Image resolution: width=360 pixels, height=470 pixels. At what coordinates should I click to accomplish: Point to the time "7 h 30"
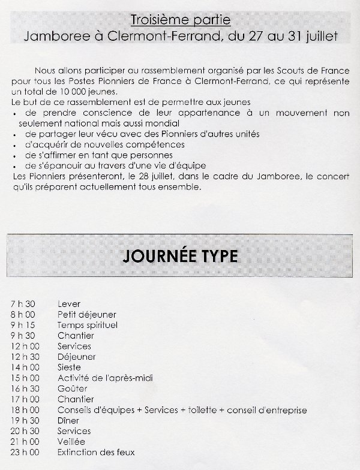(x=22, y=304)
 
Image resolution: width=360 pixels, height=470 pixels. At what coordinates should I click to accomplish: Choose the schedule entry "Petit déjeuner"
(x=87, y=314)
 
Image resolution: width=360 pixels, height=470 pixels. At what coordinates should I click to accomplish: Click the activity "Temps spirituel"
(x=88, y=325)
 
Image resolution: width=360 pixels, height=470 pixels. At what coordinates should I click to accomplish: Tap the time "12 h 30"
(x=24, y=357)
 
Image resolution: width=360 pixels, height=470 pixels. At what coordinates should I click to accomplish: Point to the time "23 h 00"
(x=24, y=452)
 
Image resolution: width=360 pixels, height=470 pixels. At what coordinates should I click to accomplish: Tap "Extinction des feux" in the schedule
(x=96, y=452)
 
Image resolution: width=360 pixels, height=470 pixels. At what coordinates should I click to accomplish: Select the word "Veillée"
(x=71, y=441)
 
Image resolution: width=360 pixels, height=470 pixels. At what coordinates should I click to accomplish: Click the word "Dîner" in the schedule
(x=68, y=420)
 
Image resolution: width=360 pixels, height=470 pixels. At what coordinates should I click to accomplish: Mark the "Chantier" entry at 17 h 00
(x=76, y=399)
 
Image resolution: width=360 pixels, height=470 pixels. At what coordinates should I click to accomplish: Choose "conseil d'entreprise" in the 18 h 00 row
(x=267, y=410)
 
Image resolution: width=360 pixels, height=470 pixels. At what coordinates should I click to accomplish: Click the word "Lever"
(x=69, y=304)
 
